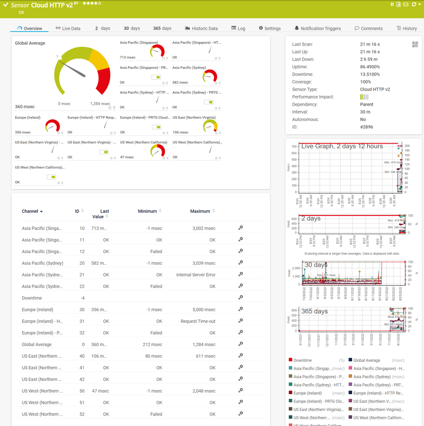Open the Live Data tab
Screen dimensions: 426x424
68,28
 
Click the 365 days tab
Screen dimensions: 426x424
162,28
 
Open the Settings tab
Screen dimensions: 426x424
270,28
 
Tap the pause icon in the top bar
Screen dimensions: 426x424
392,5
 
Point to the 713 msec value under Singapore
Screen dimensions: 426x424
127,57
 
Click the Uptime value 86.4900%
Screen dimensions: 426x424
370,67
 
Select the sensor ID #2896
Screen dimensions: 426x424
366,127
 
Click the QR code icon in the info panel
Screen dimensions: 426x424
415,45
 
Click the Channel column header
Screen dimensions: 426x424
30,211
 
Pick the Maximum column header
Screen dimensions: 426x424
200,211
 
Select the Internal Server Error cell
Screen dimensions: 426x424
196,275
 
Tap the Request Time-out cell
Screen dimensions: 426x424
198,321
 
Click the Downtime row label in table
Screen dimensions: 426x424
32,298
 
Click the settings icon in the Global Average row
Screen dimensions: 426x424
241,344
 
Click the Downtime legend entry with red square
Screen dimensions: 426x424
302,360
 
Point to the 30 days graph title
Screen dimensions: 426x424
316,265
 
